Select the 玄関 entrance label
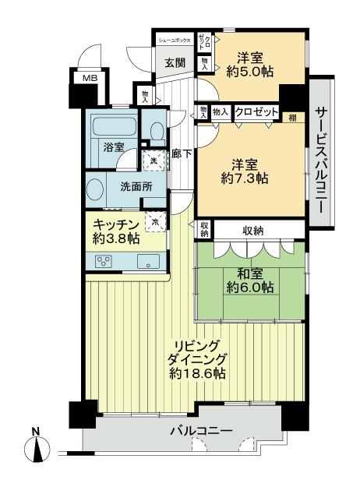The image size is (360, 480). click(173, 63)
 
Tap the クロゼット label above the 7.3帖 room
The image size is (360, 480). click(256, 112)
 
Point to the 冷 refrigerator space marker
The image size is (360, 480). click(155, 221)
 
